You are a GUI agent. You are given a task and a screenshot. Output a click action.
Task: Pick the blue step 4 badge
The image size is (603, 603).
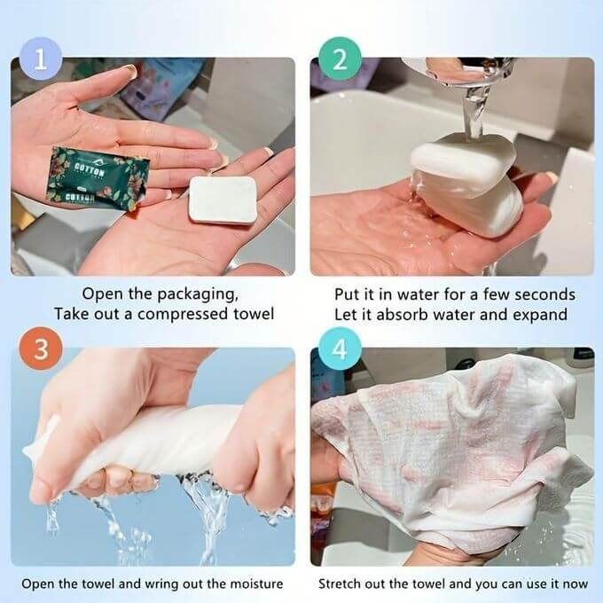339,348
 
